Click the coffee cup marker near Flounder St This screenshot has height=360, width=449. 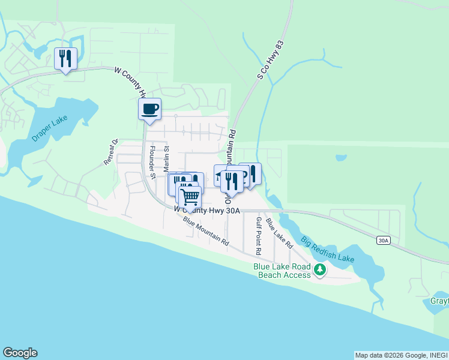click(x=149, y=109)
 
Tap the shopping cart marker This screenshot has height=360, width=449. click(x=190, y=196)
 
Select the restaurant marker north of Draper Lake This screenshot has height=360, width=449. click(x=65, y=59)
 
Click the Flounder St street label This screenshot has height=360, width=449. click(x=152, y=163)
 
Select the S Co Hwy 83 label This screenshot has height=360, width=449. click(x=270, y=60)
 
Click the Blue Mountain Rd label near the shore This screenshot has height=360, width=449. click(x=206, y=232)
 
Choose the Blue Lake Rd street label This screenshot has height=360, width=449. click(x=279, y=233)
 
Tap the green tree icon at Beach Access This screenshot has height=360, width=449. click(x=321, y=270)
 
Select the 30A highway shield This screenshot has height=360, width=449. click(x=384, y=240)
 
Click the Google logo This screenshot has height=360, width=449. click(x=20, y=353)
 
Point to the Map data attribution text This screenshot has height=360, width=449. click(x=401, y=355)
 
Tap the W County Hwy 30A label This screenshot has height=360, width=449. click(x=207, y=210)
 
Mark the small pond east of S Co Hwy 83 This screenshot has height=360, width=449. click(x=341, y=158)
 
